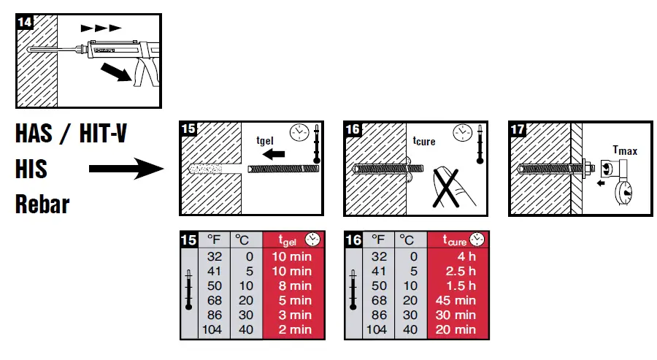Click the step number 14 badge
tap(24, 22)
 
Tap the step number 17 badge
tap(518, 130)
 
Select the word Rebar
tap(42, 203)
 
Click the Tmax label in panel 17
tap(624, 150)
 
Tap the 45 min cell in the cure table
tap(458, 300)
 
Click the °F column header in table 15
tap(214, 240)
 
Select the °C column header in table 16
tap(408, 240)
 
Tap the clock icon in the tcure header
tap(477, 240)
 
